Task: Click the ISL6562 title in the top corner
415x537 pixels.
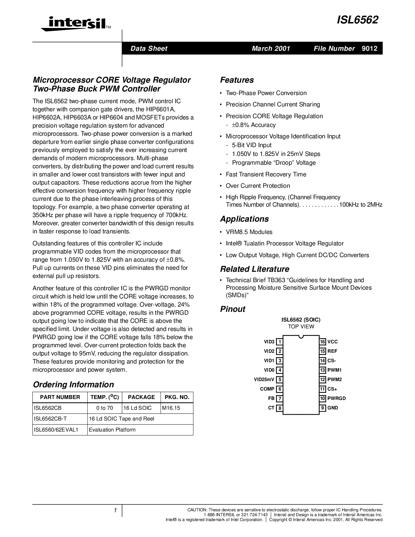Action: click(x=357, y=20)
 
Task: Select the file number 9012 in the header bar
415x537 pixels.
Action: click(x=369, y=48)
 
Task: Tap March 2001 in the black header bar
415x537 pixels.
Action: click(x=271, y=48)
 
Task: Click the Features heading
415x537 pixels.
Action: click(x=237, y=80)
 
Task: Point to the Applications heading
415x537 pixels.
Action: click(x=244, y=219)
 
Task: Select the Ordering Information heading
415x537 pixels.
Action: click(x=74, y=385)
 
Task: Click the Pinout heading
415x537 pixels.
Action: click(x=233, y=309)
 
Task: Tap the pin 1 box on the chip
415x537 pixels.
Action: click(x=279, y=342)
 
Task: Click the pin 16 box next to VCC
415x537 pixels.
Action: click(x=323, y=342)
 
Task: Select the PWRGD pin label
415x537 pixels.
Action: click(x=337, y=398)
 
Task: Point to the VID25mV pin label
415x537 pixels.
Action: click(x=264, y=379)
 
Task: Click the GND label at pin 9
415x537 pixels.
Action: click(x=333, y=408)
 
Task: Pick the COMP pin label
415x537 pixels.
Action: click(x=267, y=389)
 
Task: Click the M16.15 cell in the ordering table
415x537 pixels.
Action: click(x=171, y=408)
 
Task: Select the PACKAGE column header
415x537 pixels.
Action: click(x=141, y=397)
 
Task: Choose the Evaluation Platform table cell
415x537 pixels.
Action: click(x=112, y=430)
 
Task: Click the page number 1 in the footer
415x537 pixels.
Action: click(x=115, y=510)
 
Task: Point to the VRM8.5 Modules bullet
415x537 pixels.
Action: click(x=249, y=232)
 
